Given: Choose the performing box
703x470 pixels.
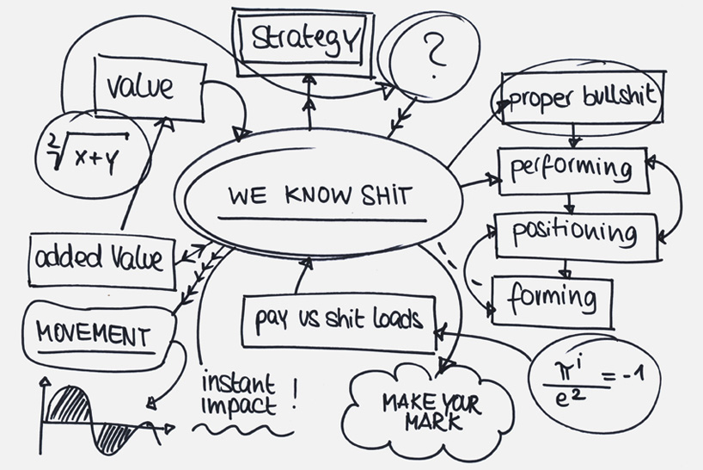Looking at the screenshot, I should pos(572,168).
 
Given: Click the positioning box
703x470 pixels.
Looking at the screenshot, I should pos(574,232).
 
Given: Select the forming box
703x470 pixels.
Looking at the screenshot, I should pos(552,299).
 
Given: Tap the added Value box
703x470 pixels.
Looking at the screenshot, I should pos(100,257).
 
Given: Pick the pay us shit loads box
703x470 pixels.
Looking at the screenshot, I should pos(339,320).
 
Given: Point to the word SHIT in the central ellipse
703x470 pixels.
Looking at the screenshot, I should pos(383,195).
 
